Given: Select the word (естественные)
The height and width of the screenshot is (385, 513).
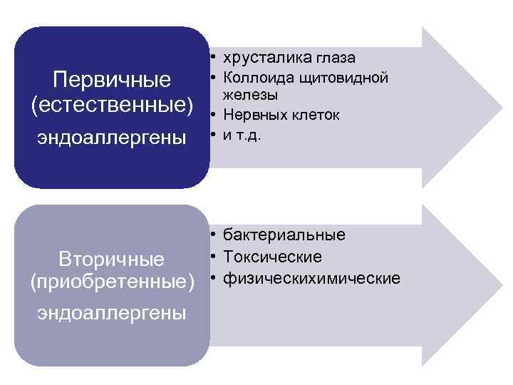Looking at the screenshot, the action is point(113,105).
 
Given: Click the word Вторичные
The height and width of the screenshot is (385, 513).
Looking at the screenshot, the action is point(112,257).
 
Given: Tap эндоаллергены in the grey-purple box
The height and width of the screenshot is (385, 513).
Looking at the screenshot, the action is point(113,312).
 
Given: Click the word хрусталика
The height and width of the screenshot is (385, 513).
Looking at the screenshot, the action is point(261,57).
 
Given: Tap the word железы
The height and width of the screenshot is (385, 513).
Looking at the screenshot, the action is point(249,94).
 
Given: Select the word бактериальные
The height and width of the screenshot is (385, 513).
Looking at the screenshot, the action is point(284,235).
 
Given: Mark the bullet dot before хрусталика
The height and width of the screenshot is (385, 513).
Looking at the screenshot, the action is point(213,57).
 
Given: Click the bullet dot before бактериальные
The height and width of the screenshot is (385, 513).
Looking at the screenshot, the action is point(213,235).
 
